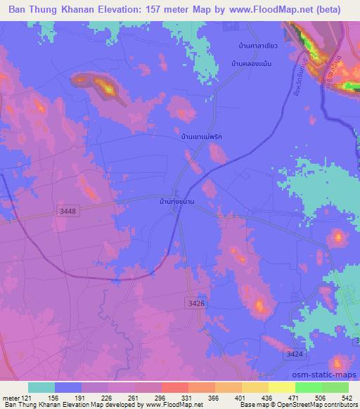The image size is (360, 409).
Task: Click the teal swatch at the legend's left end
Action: tap(41, 387)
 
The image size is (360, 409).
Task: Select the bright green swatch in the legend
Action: tap(309, 387)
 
